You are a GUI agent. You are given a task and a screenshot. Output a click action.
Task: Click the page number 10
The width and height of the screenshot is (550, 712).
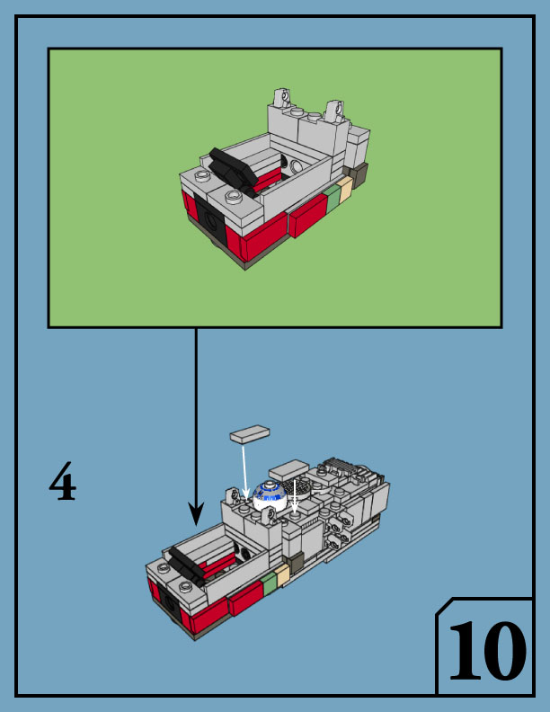tap(486, 650)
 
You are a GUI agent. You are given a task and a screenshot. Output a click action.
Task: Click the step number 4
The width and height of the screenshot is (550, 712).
tap(62, 484)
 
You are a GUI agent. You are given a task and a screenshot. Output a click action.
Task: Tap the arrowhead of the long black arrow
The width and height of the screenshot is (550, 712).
tap(196, 515)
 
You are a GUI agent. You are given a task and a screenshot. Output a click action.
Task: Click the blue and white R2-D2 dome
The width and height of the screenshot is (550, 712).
tap(267, 493)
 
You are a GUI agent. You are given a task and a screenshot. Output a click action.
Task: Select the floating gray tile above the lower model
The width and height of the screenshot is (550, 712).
tap(250, 435)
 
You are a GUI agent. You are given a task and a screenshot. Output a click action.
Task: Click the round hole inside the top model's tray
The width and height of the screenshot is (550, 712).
tap(296, 165)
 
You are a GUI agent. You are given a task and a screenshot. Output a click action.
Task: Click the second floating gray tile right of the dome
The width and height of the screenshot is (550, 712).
tap(288, 470)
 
